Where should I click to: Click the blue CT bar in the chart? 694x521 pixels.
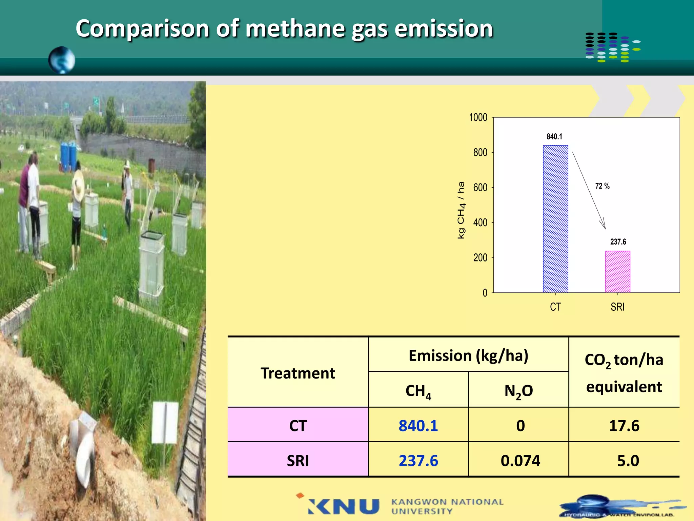(x=555, y=219)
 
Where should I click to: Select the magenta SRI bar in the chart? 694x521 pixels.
(x=617, y=272)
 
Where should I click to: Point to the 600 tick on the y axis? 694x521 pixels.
(x=480, y=188)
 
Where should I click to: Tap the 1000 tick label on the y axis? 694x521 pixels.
(x=478, y=118)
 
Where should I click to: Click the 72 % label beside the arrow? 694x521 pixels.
(x=602, y=186)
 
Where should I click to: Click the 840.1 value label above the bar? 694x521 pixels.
(x=554, y=137)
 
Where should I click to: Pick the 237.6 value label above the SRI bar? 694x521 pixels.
(x=618, y=242)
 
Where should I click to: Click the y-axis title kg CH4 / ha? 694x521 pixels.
(x=461, y=210)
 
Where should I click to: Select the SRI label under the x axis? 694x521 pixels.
(x=617, y=307)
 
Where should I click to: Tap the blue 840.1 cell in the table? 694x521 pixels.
(x=418, y=426)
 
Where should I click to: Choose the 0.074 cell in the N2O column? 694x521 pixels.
(x=520, y=461)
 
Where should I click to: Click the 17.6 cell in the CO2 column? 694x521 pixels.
(x=624, y=426)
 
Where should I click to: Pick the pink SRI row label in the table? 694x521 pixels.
(x=298, y=461)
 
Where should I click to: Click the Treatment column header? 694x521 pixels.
(x=298, y=373)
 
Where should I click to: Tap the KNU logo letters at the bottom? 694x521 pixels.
(x=344, y=506)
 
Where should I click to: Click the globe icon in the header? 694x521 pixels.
(x=62, y=60)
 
